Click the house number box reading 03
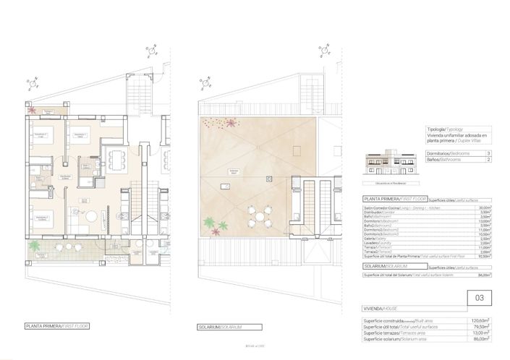pyautogui.click(x=479, y=296)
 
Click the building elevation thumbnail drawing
pyautogui.click(x=386, y=166)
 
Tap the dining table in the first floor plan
pyautogui.click(x=115, y=157)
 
